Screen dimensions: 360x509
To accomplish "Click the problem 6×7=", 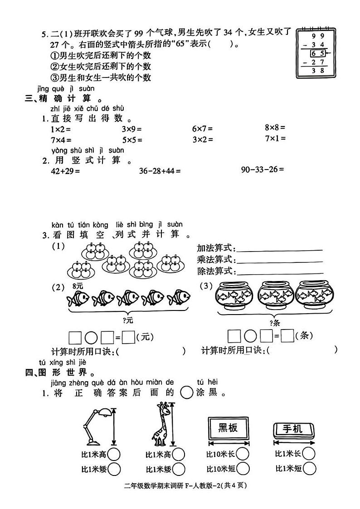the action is (x=202, y=129).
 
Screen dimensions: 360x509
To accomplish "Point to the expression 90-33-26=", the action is (x=263, y=170).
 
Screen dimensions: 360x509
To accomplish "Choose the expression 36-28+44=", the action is (x=159, y=171).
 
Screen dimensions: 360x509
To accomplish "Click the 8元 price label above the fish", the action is (x=78, y=286).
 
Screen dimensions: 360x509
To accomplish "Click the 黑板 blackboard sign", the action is (x=228, y=427).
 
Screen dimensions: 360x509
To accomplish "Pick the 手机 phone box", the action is (x=294, y=428).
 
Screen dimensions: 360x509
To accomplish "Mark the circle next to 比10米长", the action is (x=243, y=454).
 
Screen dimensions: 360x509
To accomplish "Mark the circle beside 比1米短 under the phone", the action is (x=309, y=469).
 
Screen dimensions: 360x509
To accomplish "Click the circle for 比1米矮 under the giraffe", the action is (x=179, y=469).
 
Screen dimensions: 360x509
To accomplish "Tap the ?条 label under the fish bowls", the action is (x=275, y=323).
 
